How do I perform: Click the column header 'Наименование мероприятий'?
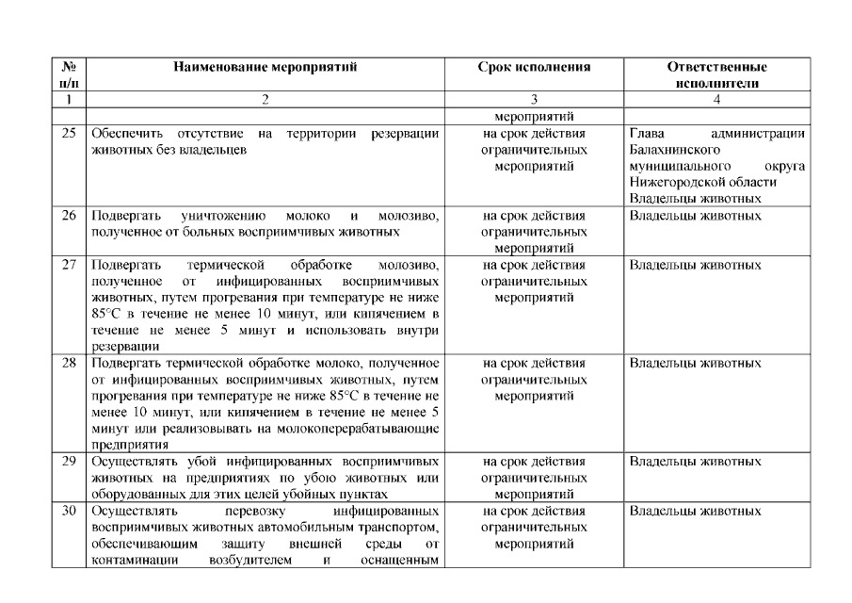click(265, 68)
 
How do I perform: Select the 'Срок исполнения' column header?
click(534, 68)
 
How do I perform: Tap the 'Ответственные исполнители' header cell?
click(716, 75)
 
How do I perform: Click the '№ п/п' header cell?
click(68, 75)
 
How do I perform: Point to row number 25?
click(68, 134)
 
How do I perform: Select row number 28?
click(68, 363)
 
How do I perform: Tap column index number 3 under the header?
click(534, 99)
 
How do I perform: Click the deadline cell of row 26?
click(534, 231)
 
